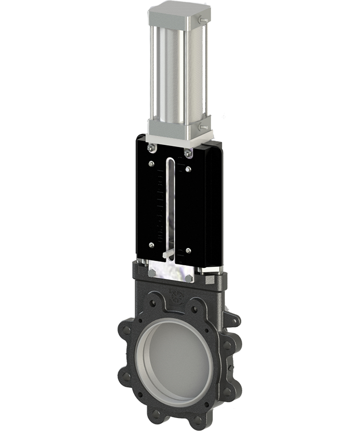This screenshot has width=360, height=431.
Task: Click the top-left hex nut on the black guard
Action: coord(150,149)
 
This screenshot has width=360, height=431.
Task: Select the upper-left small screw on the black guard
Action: coord(151,165)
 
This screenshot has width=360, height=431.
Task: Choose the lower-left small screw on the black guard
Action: coord(151,246)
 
